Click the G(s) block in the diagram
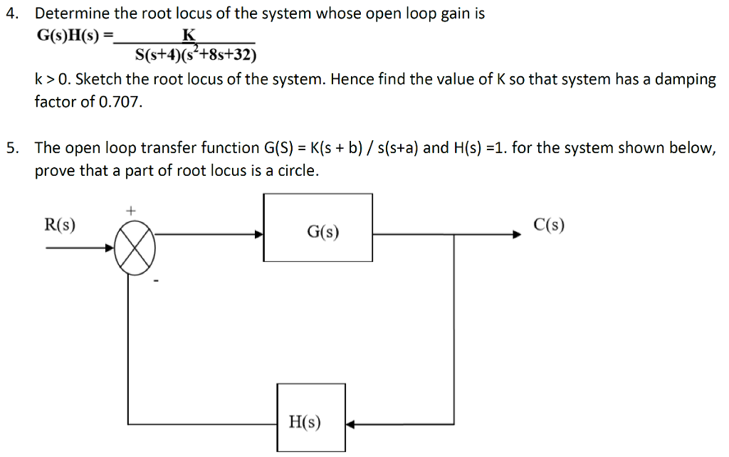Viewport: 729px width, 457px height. point(318,227)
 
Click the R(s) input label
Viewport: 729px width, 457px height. point(61,225)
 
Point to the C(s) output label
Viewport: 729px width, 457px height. point(549,225)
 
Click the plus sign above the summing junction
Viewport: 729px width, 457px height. point(130,211)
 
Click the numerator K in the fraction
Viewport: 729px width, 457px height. point(189,36)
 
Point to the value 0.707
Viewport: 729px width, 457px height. point(122,102)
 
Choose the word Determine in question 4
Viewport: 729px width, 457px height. point(69,14)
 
